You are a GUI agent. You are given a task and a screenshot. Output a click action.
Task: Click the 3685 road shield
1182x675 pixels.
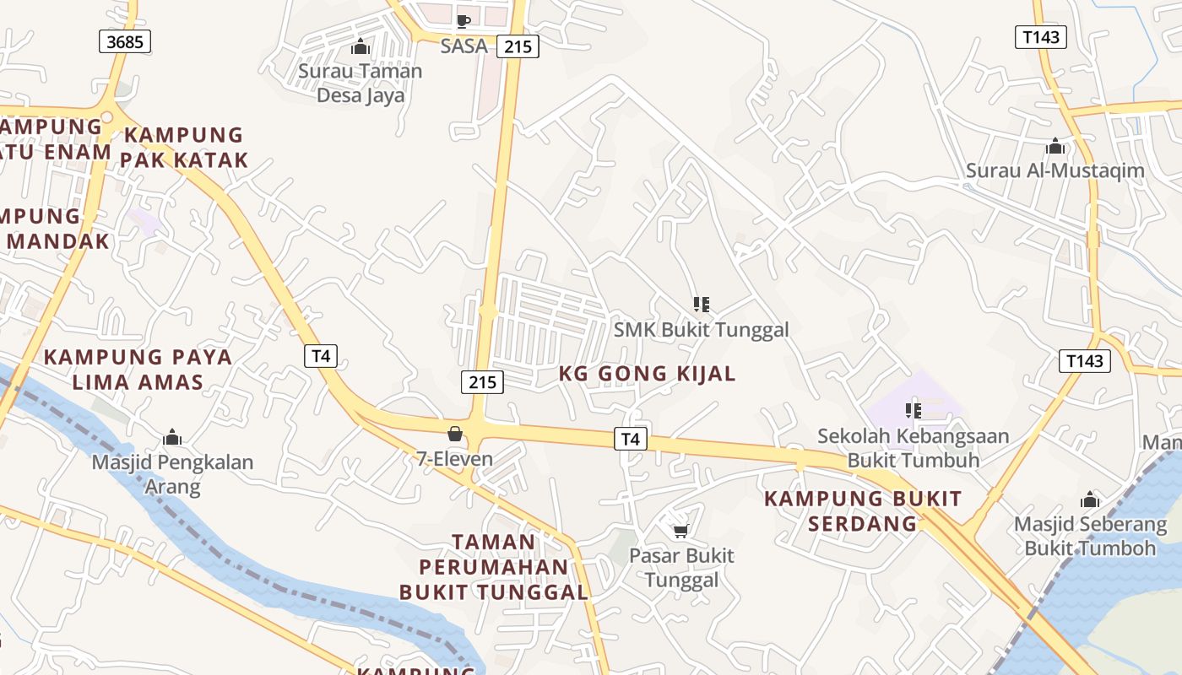pos(125,40)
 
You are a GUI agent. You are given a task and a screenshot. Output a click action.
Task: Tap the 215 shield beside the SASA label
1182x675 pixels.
pos(518,46)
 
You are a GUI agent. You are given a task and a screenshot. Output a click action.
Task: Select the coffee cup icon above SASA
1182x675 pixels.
pos(463,21)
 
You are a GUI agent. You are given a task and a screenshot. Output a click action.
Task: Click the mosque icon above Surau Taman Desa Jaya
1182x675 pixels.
pos(361,46)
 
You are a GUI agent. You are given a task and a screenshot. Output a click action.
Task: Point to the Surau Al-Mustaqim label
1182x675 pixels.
pos(1055,170)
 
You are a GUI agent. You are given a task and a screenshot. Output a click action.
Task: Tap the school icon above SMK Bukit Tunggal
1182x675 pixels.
pos(701,304)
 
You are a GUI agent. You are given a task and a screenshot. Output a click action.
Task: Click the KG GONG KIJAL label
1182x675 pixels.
pos(648,373)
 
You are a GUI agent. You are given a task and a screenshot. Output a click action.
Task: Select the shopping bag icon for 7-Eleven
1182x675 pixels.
pos(455,434)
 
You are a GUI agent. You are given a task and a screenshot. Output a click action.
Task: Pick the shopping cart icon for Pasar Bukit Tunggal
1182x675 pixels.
pos(680,531)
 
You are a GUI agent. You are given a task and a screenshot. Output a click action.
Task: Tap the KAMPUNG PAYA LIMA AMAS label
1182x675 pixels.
pos(138,369)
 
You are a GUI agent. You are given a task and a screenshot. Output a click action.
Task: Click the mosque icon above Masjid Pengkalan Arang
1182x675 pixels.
pos(172,437)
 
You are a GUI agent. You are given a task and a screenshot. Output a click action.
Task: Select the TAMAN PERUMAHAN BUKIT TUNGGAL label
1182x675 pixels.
pos(494,566)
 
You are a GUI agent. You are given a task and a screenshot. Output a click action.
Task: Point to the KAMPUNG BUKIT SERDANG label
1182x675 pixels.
pos(863,510)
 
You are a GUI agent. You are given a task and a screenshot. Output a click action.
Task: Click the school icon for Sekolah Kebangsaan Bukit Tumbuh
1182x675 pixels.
pos(913,411)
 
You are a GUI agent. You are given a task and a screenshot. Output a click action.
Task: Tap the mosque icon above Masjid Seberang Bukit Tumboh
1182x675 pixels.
pos(1090,499)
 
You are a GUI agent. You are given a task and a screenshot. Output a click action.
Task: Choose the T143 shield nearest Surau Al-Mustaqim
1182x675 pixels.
pos(1040,36)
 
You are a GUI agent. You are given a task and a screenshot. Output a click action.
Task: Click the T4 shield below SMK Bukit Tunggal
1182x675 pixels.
pos(630,439)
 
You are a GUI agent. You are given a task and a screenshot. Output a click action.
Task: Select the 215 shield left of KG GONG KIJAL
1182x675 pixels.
pos(483,381)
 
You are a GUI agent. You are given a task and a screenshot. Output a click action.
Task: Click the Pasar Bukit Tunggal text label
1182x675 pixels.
pos(681,568)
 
